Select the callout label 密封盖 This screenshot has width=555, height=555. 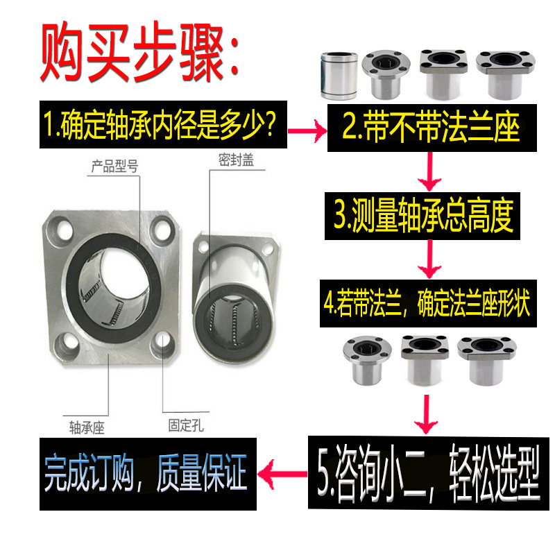[x=236, y=160]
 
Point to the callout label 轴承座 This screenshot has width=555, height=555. [x=86, y=425]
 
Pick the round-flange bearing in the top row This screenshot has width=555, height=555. [x=384, y=74]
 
